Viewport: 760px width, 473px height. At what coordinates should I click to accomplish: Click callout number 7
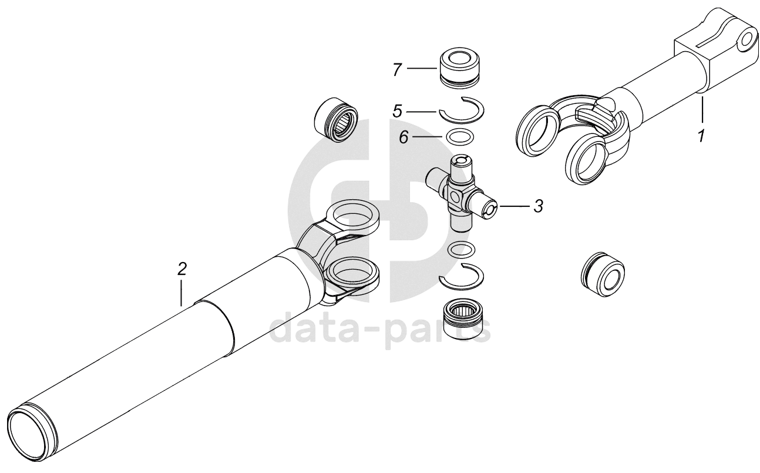click(397, 69)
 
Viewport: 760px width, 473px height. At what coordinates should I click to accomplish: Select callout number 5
click(397, 111)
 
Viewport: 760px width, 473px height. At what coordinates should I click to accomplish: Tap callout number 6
click(403, 137)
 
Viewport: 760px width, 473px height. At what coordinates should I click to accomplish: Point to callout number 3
click(539, 206)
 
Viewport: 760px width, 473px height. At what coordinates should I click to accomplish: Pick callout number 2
click(182, 269)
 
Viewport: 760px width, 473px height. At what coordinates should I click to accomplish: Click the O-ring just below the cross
click(461, 250)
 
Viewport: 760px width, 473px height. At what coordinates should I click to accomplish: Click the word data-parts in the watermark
click(380, 328)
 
